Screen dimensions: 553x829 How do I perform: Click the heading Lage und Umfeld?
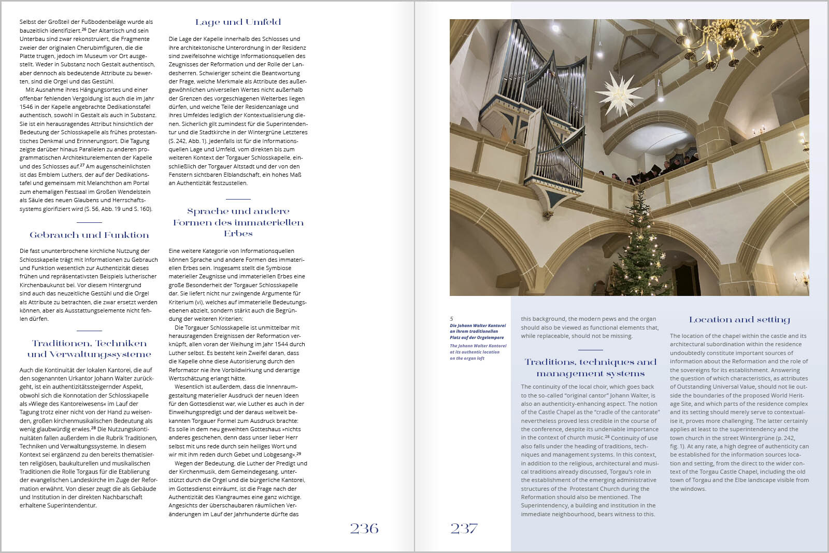click(238, 22)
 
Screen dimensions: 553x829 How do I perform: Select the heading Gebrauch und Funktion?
click(89, 235)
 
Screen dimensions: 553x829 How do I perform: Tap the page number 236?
click(364, 528)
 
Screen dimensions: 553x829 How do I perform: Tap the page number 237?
click(464, 528)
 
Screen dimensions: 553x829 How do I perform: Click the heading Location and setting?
click(739, 319)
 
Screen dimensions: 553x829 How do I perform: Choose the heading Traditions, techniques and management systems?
click(590, 367)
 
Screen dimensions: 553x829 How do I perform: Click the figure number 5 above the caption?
click(451, 319)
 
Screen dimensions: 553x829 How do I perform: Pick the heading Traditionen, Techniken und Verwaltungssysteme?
click(89, 349)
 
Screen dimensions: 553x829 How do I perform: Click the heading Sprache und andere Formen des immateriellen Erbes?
click(238, 222)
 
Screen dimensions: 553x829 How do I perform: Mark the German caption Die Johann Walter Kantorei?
click(477, 331)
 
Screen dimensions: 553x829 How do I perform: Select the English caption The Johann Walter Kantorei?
click(477, 352)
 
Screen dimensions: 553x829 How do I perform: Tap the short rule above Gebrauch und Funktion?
click(89, 222)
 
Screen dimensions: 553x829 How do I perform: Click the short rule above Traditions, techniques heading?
click(590, 350)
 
